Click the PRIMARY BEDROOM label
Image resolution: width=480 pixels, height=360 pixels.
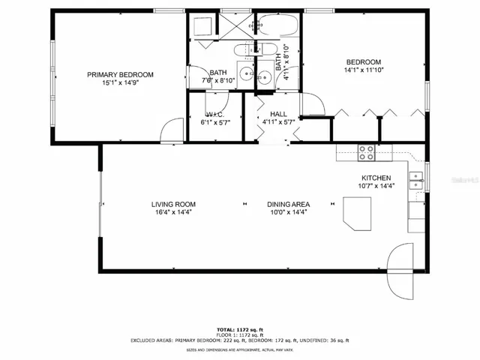pos(120,74)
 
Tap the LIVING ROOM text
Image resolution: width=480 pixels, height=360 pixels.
pos(173,204)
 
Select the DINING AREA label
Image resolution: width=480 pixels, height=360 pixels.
pos(289,204)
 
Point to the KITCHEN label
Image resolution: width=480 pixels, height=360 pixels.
pos(375,178)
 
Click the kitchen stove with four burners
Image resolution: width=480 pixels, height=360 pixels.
pos(367,152)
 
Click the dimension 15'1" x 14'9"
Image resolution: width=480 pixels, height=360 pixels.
pos(120,82)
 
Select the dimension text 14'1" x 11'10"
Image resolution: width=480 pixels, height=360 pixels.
pos(363,70)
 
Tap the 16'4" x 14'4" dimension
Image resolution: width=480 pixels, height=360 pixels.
pos(173,212)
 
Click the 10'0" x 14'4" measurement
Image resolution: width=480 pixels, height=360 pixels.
pos(289,212)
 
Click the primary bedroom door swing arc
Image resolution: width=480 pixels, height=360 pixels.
pos(171,129)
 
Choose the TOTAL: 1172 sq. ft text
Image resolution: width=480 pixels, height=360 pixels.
pos(239,329)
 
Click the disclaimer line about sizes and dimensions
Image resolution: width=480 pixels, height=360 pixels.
pos(239,349)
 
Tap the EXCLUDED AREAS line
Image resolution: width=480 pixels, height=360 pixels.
pos(239,340)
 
